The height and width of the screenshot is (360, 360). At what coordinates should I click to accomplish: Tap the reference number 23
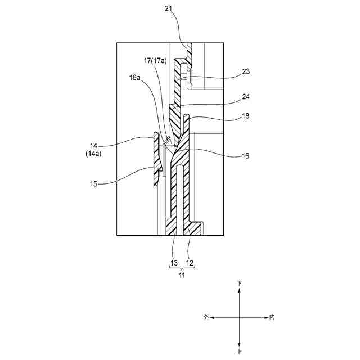click(x=246, y=71)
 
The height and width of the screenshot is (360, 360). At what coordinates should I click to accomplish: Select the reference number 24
click(x=246, y=97)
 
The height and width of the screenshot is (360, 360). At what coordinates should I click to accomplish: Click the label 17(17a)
click(x=155, y=60)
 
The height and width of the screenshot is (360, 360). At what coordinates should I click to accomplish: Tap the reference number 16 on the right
click(x=246, y=156)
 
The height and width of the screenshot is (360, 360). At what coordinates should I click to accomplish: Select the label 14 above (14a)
click(x=93, y=145)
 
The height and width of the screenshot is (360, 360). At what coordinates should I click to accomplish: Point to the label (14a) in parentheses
click(x=93, y=153)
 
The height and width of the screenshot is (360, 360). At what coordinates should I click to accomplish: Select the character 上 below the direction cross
click(x=240, y=352)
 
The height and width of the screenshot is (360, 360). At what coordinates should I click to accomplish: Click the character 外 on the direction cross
click(x=206, y=318)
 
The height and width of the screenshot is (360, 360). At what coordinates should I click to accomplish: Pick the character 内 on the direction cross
click(x=272, y=318)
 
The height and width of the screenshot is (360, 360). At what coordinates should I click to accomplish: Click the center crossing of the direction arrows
click(x=240, y=318)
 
